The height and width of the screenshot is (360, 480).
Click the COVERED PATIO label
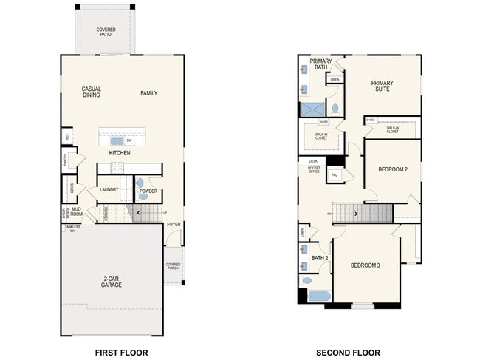tap(106, 33)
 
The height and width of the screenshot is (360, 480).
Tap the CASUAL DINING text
tap(92, 92)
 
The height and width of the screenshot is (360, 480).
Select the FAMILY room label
tap(149, 93)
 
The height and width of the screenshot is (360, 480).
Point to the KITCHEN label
tap(120, 153)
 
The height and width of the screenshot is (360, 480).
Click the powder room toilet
tap(140, 183)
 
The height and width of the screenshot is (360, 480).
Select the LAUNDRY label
tap(109, 190)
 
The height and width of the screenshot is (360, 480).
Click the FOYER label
tap(174, 224)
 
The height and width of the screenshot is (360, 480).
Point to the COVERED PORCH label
tap(174, 267)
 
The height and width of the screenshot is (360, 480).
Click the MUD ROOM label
tap(77, 211)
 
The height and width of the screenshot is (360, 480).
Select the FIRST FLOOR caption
tap(122, 333)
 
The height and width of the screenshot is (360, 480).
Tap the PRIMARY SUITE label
tap(382, 86)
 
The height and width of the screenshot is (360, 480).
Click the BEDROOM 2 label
tap(393, 169)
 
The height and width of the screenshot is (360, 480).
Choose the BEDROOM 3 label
tap(365, 265)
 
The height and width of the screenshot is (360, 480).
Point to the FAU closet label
tap(335, 175)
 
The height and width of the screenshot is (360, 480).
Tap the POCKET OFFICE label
tap(313, 169)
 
